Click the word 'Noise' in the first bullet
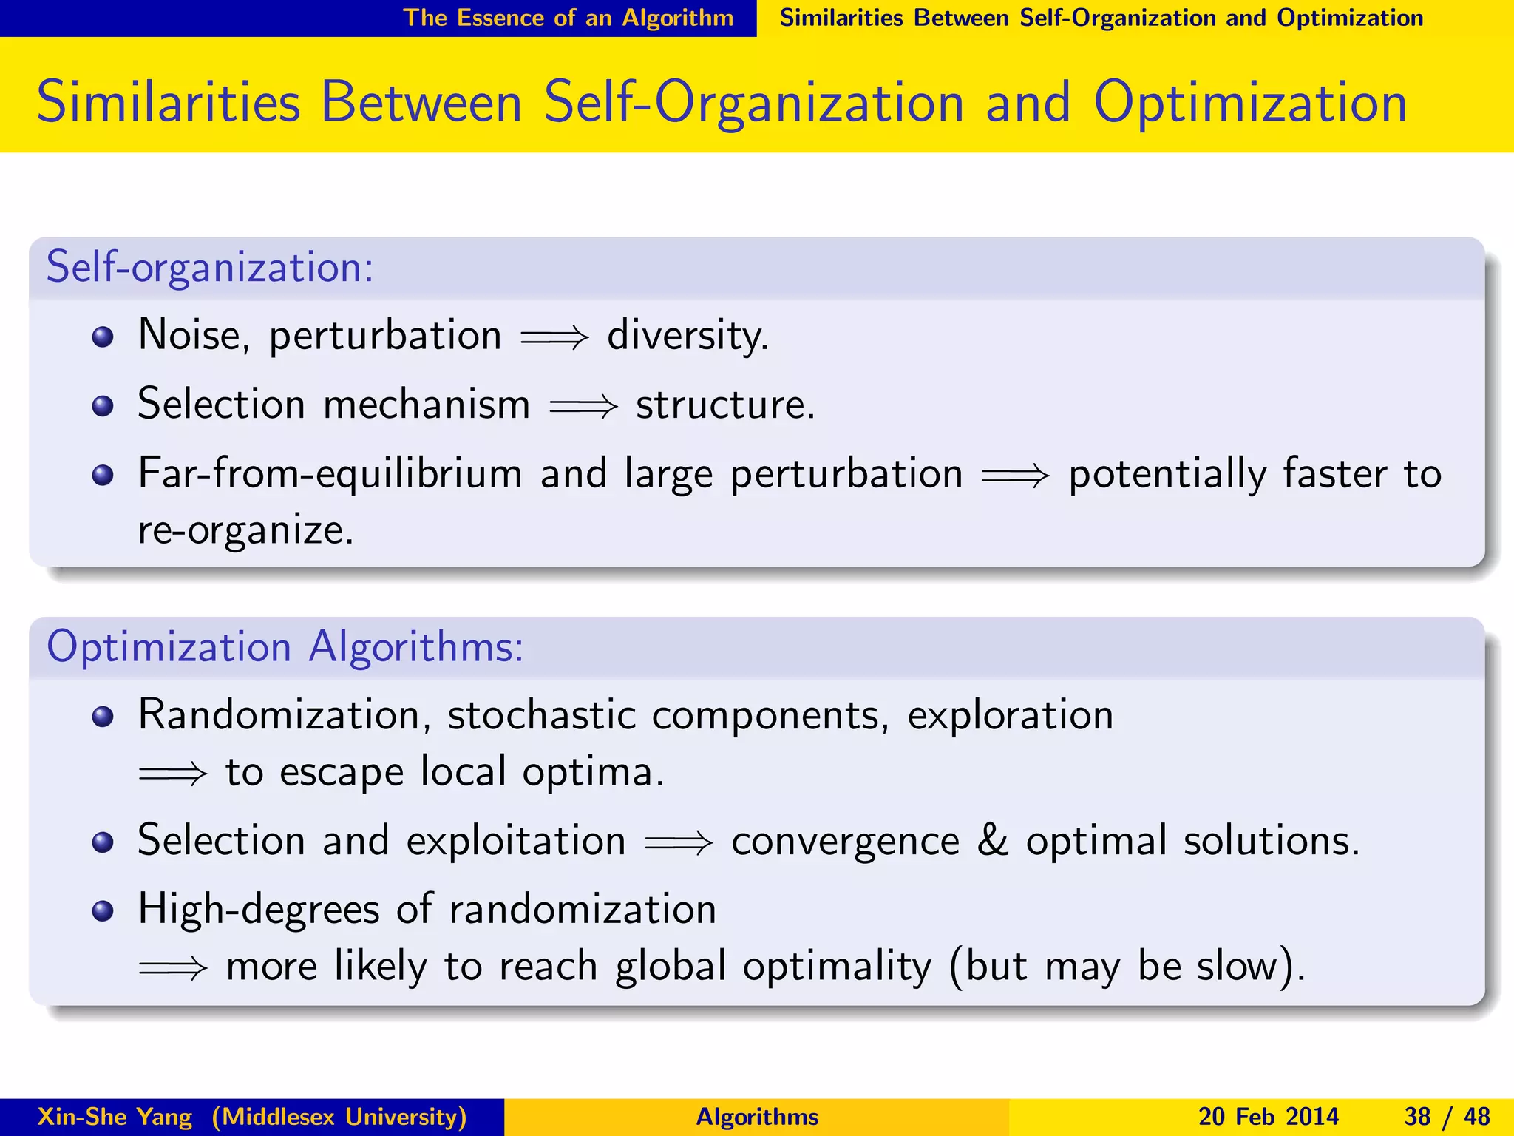[189, 336]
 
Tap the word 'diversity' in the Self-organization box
[687, 336]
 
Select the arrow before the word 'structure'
[583, 406]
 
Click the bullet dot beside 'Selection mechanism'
[103, 406]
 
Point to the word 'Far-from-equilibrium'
[330, 473]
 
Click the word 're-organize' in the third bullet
[245, 530]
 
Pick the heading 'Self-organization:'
[210, 268]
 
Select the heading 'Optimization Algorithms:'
[285, 647]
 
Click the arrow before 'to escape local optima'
[173, 774]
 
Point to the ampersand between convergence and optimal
[992, 841]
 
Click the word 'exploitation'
[516, 842]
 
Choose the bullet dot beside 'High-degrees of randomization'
[103, 910]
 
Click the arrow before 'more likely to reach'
[173, 967]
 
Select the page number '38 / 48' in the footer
[1447, 1117]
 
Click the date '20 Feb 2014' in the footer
[1268, 1117]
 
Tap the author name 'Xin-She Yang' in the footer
[115, 1117]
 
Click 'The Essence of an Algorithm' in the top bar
[568, 18]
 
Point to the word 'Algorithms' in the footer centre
[757, 1117]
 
